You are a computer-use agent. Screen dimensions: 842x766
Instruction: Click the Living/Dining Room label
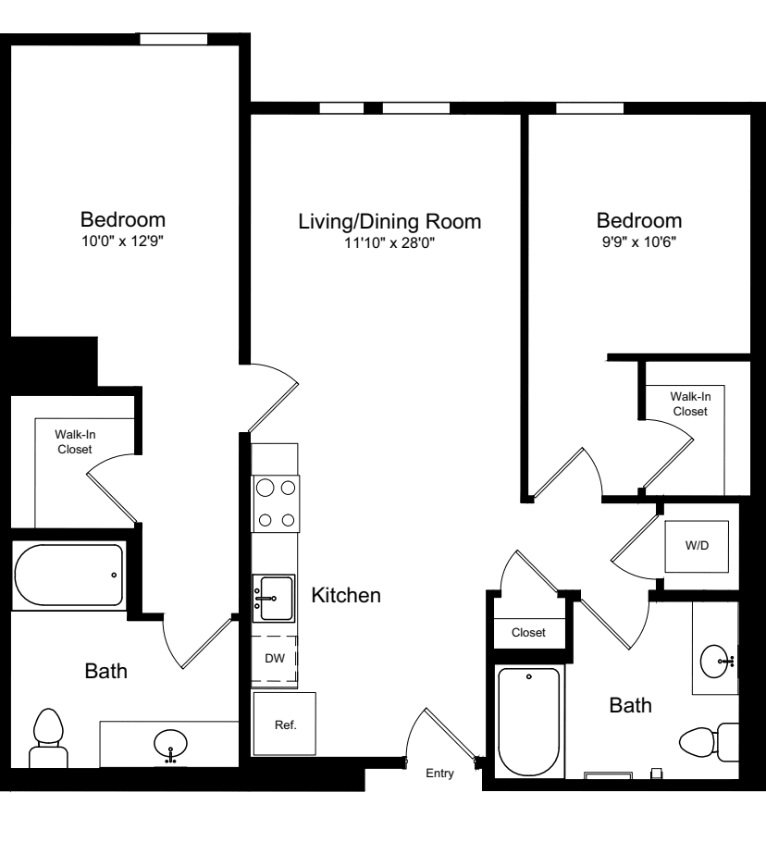click(x=389, y=222)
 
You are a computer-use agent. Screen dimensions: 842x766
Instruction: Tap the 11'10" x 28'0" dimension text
click(x=389, y=243)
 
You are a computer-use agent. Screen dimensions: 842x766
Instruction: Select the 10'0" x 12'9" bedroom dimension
click(x=123, y=243)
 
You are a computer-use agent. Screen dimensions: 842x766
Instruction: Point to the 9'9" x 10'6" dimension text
click(x=639, y=243)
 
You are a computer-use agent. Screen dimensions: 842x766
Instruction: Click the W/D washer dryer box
click(x=697, y=546)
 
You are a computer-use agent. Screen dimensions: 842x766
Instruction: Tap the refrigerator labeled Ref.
click(x=285, y=724)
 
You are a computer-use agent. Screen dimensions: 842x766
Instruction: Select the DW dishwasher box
click(x=275, y=659)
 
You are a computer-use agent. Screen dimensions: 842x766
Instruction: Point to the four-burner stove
click(x=276, y=502)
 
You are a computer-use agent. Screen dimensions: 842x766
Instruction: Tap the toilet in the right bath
click(x=708, y=741)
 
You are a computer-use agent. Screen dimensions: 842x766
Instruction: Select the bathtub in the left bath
click(x=68, y=576)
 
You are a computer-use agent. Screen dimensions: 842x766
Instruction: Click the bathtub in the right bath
click(x=528, y=722)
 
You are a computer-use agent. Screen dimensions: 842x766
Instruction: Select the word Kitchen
click(x=346, y=596)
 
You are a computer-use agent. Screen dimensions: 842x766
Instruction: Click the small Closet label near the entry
click(x=528, y=633)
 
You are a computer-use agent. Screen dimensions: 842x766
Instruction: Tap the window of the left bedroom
click(x=173, y=39)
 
